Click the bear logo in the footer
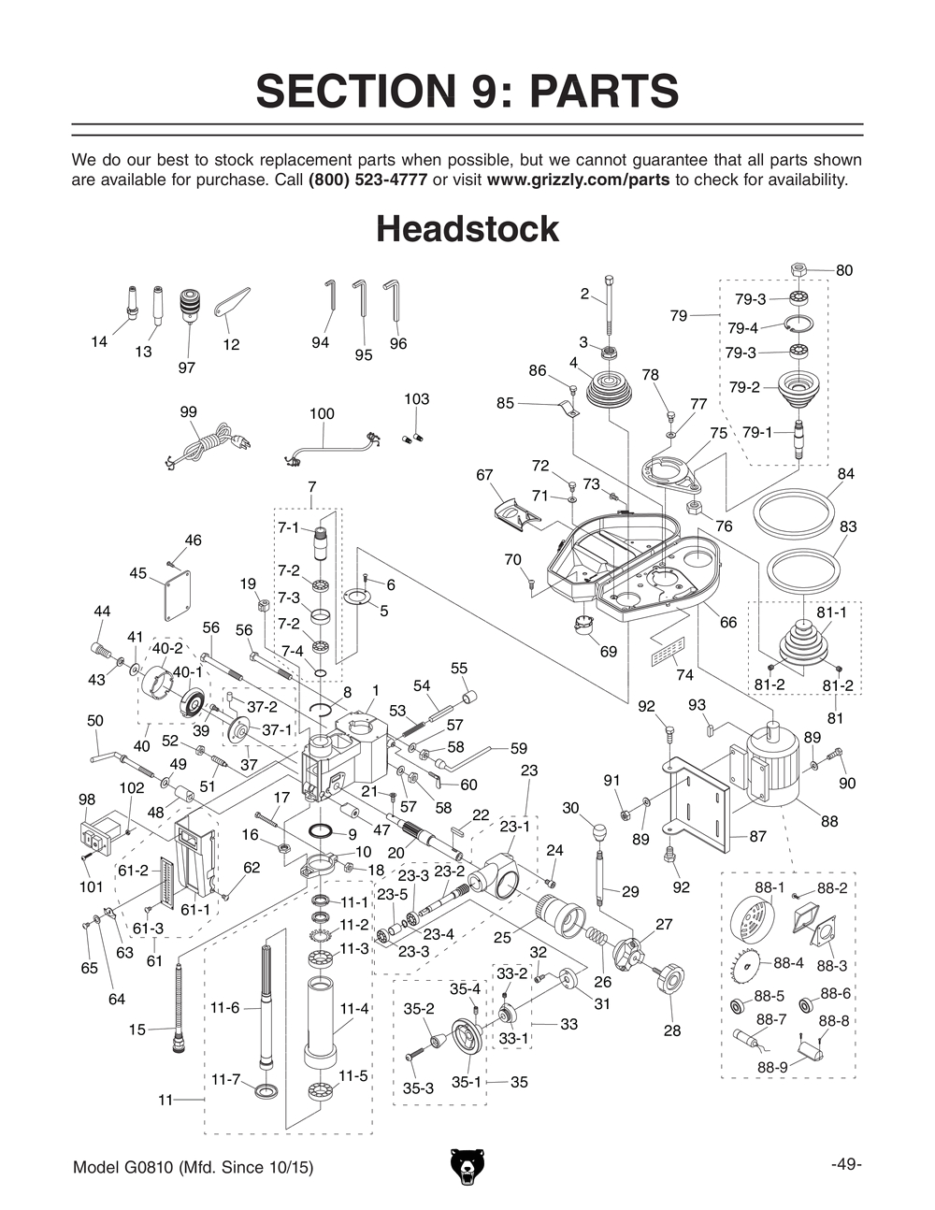467,1168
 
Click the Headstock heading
467,229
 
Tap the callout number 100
321,413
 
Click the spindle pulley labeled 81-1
802,644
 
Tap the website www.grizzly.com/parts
578,180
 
